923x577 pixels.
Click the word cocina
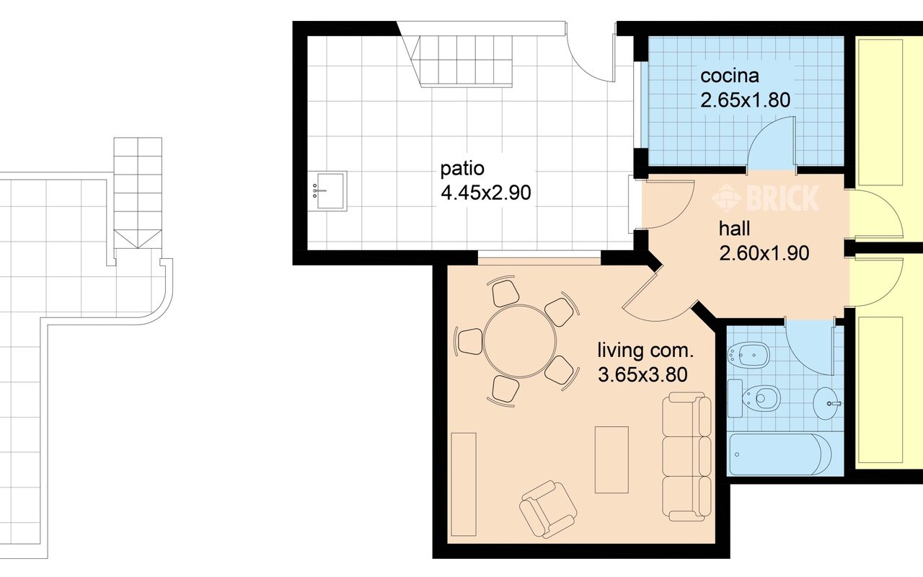729,76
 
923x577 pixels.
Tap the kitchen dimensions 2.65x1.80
745,100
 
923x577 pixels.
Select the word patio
462,169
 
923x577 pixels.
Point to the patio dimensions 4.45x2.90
486,193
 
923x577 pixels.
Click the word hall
734,229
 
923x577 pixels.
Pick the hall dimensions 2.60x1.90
764,253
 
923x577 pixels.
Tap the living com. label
645,351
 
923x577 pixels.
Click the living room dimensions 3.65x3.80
642,374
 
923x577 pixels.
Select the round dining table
520,341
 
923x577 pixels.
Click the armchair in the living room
548,509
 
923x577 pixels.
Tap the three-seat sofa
686,457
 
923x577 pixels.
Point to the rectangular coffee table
611,459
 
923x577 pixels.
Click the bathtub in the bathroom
780,454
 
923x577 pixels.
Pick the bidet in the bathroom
748,354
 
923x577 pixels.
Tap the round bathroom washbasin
826,403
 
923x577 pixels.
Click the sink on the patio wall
327,191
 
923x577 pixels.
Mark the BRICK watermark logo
765,198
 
